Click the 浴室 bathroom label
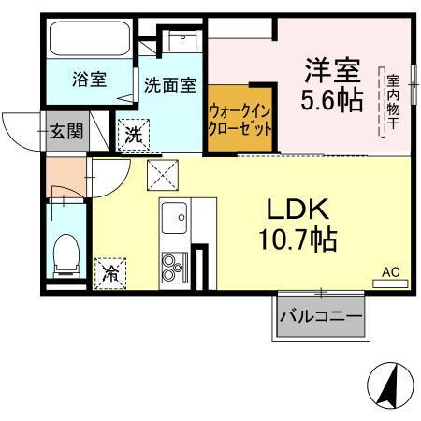pyautogui.click(x=91, y=80)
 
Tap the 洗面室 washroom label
pyautogui.click(x=169, y=84)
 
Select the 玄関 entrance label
pyautogui.click(x=65, y=131)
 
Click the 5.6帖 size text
pyautogui.click(x=330, y=101)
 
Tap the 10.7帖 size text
pyautogui.click(x=298, y=240)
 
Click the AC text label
pyautogui.click(x=390, y=271)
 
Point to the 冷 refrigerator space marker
pyautogui.click(x=110, y=274)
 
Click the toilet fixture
pyautogui.click(x=65, y=254)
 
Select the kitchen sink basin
pyautogui.click(x=175, y=222)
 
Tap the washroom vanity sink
pyautogui.click(x=180, y=41)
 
